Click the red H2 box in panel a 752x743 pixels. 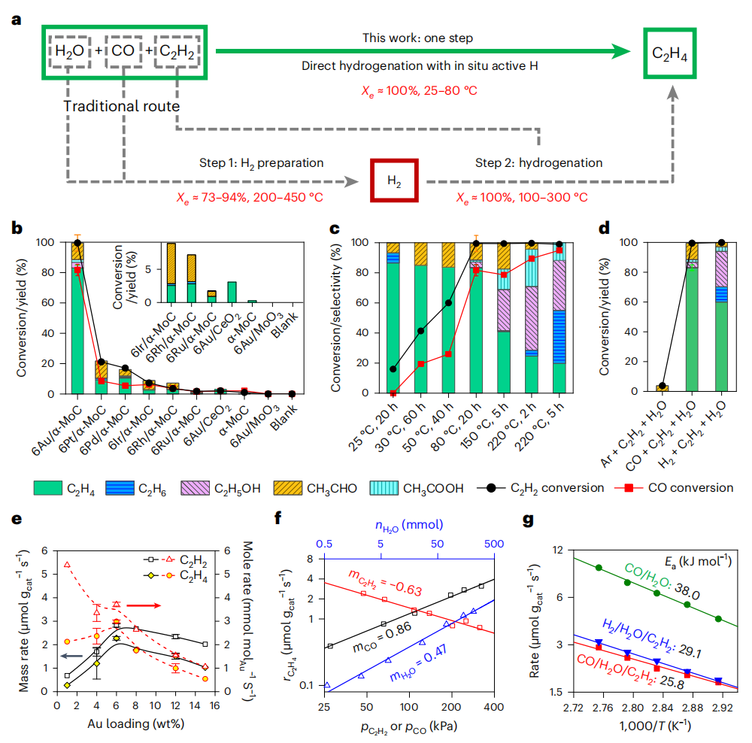[394, 180]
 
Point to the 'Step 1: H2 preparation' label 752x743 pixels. [261, 162]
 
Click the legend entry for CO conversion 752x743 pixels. [674, 488]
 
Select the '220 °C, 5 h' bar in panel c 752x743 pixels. [559, 316]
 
